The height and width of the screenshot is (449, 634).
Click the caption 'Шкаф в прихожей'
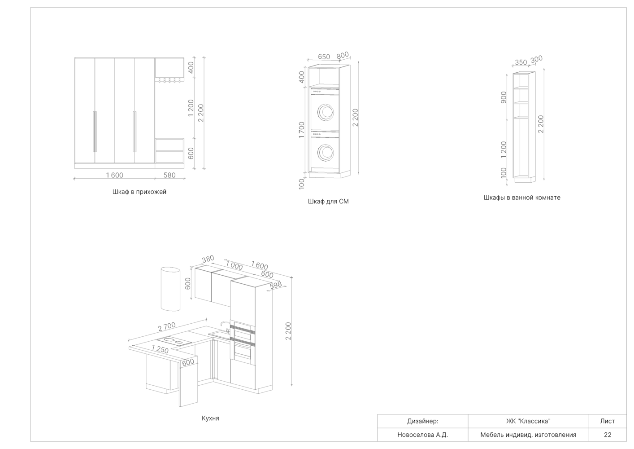(139, 192)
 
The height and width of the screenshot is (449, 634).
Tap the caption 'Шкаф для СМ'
(328, 202)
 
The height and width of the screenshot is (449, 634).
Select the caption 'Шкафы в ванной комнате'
(522, 198)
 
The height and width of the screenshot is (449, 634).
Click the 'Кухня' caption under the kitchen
(210, 418)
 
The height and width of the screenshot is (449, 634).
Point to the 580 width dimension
(169, 175)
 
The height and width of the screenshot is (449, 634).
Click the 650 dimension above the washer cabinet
(324, 57)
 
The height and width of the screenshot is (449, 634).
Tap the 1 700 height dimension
(302, 130)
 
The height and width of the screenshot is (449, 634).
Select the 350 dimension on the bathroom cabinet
(521, 62)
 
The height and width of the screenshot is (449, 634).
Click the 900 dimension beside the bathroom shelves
(504, 97)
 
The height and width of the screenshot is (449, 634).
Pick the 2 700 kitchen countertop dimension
(167, 327)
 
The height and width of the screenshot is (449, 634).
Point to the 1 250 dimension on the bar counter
(160, 349)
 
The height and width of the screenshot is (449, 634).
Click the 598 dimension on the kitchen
(276, 285)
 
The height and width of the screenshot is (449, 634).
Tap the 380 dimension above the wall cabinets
(208, 259)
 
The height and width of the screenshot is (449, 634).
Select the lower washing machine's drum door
(326, 153)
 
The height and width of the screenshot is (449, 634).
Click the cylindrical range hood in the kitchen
(170, 289)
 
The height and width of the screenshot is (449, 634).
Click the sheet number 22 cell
(608, 435)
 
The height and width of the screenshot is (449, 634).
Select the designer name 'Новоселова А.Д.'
(422, 435)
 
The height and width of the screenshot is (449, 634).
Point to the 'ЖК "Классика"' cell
(528, 421)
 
